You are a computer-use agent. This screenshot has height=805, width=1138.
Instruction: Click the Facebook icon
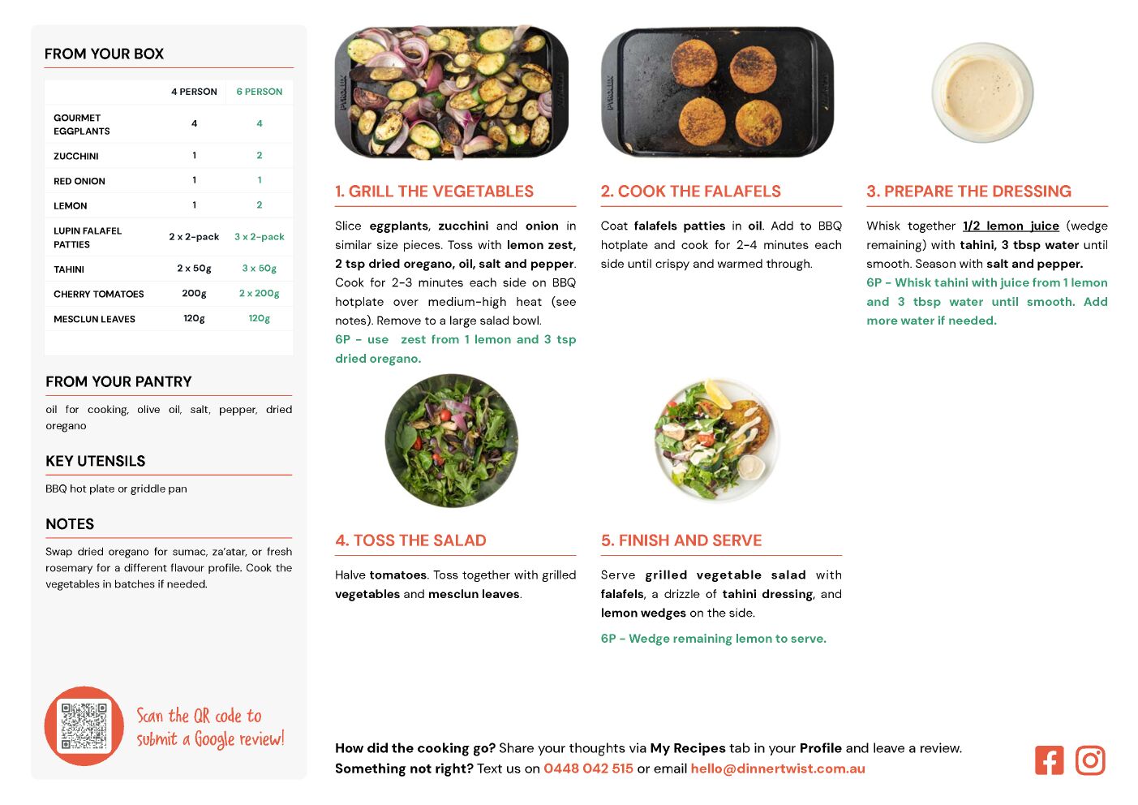(x=1049, y=760)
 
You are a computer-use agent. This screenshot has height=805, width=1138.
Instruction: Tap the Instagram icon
(x=1089, y=760)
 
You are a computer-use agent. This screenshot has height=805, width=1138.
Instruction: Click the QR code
(x=84, y=725)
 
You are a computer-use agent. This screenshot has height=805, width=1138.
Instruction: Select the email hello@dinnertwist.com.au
(x=777, y=768)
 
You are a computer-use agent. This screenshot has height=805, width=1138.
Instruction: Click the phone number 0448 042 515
(x=588, y=768)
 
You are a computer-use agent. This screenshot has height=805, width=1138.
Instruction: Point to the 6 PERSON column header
(x=259, y=92)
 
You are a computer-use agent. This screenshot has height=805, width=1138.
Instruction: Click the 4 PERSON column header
(x=194, y=92)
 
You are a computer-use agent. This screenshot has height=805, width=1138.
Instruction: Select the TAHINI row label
(x=69, y=269)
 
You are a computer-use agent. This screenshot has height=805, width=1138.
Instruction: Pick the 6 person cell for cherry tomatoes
(x=259, y=293)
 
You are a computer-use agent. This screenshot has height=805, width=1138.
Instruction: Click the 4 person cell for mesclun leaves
(x=194, y=319)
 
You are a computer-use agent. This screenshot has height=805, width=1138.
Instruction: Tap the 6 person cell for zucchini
(x=259, y=155)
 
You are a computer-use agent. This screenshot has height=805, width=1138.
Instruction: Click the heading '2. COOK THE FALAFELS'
(x=690, y=191)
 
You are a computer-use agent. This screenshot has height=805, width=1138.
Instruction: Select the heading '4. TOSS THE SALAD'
(x=410, y=540)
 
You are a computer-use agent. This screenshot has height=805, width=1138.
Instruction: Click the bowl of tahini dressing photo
(x=982, y=93)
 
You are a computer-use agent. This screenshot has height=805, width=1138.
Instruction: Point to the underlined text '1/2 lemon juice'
(x=1011, y=226)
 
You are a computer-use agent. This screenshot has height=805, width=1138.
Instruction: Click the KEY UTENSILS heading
(x=96, y=461)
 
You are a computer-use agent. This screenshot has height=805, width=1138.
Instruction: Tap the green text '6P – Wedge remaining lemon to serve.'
(x=713, y=639)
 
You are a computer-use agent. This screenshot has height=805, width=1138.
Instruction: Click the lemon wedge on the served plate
(x=719, y=394)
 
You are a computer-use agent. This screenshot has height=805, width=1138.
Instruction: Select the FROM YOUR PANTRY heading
(x=118, y=381)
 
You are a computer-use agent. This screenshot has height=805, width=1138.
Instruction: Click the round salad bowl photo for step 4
(x=452, y=441)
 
